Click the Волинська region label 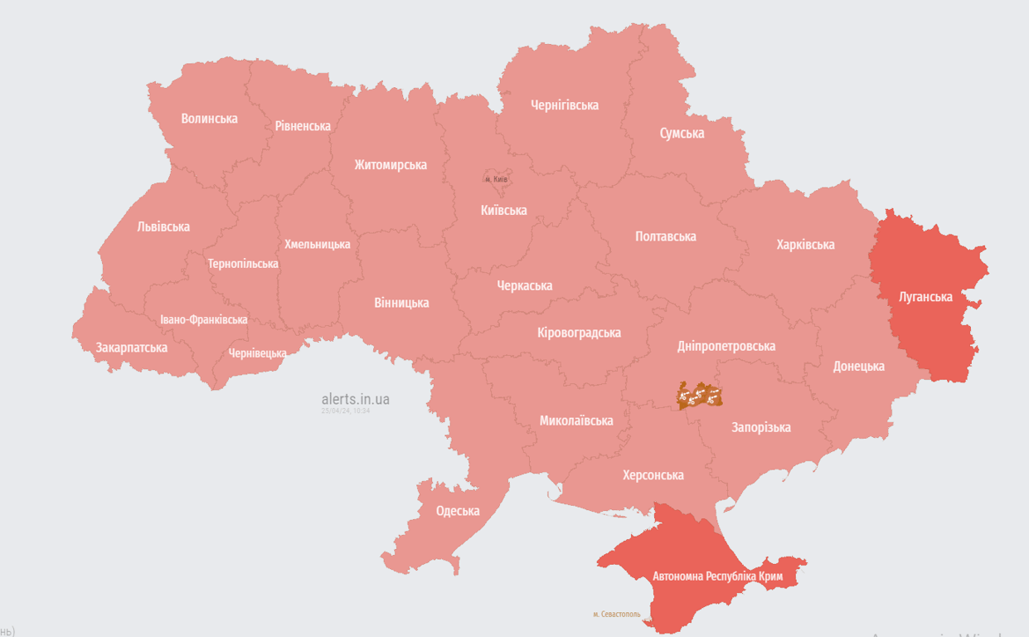[x=209, y=119]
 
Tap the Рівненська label [x=303, y=126]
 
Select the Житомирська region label [x=391, y=164]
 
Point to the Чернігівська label [x=565, y=105]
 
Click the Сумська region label [x=682, y=133]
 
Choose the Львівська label [x=163, y=226]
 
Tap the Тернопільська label [x=243, y=264]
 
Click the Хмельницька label [x=317, y=244]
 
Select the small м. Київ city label [x=496, y=179]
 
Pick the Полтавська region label [x=665, y=236]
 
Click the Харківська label [x=805, y=245]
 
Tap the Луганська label [x=925, y=296]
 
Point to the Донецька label [x=858, y=366]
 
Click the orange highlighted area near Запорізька [x=699, y=396]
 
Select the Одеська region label [x=458, y=511]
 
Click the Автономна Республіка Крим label [x=717, y=576]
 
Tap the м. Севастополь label [x=616, y=615]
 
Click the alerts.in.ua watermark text [x=355, y=399]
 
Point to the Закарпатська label [x=131, y=348]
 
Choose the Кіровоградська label [x=579, y=333]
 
